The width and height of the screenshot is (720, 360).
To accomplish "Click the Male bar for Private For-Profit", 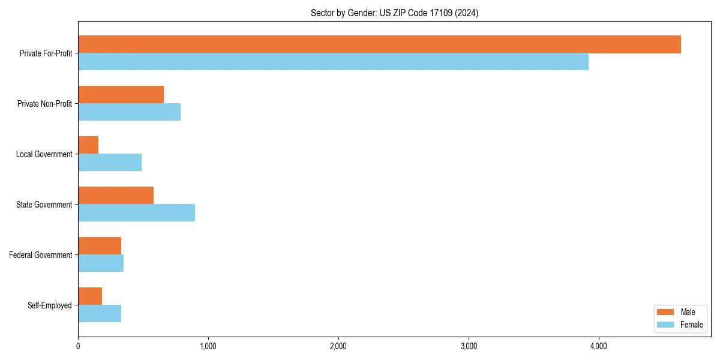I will pyautogui.click(x=379, y=44).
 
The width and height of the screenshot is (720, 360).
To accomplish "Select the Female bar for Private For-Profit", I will pyautogui.click(x=333, y=62).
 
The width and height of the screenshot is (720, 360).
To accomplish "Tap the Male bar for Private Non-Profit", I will pyautogui.click(x=121, y=95).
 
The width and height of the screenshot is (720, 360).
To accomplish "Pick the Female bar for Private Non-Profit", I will pyautogui.click(x=129, y=112).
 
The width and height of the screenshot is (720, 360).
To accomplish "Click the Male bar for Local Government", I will pyautogui.click(x=88, y=145).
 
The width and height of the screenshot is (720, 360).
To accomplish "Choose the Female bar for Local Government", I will pyautogui.click(x=110, y=163).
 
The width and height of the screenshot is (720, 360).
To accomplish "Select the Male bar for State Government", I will pyautogui.click(x=116, y=196).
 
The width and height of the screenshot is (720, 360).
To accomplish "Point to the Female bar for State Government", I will pyautogui.click(x=136, y=213).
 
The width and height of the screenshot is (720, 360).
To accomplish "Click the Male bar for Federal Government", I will pyautogui.click(x=100, y=246).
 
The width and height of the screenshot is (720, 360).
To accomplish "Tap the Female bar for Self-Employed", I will pyautogui.click(x=100, y=314).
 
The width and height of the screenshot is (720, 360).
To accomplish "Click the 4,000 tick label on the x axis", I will pyautogui.click(x=599, y=346).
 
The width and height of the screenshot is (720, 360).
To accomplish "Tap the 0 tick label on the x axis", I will pyautogui.click(x=78, y=346).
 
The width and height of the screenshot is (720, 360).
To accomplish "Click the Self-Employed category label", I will pyautogui.click(x=49, y=305).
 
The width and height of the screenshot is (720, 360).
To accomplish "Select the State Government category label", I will pyautogui.click(x=44, y=205).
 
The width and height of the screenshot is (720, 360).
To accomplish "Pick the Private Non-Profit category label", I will pyautogui.click(x=44, y=104).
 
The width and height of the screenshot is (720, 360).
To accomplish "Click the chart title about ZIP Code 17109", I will pyautogui.click(x=394, y=13).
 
